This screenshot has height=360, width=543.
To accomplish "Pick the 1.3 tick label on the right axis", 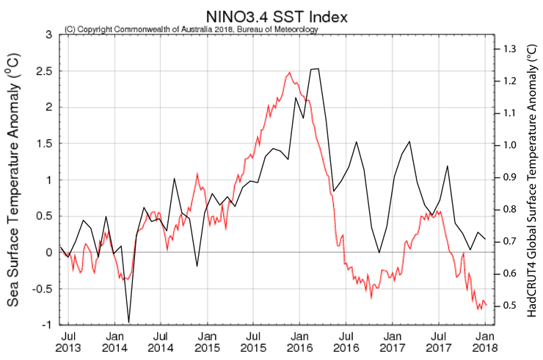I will (x=509, y=49).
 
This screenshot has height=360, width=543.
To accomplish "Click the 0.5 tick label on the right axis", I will (x=509, y=306).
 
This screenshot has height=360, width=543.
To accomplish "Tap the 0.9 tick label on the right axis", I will (x=509, y=177).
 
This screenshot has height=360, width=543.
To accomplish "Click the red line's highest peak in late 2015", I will (x=289, y=73).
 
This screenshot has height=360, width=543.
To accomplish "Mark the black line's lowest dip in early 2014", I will (x=129, y=322).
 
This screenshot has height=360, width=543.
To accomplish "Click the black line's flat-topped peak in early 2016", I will (x=315, y=69).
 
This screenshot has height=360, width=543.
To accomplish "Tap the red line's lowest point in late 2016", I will (x=371, y=296).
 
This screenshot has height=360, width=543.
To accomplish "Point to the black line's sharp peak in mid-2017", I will (x=447, y=167).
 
